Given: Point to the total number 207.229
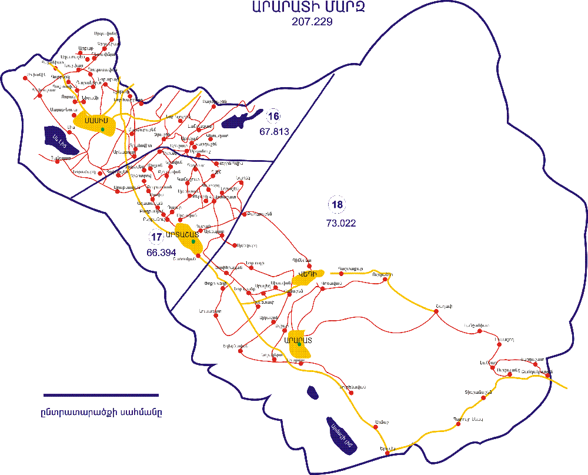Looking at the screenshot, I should (312, 22).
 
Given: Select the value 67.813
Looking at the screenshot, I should (274, 132).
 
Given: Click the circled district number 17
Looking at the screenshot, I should (156, 237).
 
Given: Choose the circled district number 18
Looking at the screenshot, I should (338, 205).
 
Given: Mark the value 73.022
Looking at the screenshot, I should (340, 223).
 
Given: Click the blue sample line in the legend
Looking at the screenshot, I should (101, 395).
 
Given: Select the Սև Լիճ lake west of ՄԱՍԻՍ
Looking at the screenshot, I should (61, 141).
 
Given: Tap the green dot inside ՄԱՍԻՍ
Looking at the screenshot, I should (102, 129).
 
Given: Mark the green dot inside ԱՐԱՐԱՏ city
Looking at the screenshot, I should (299, 345).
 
